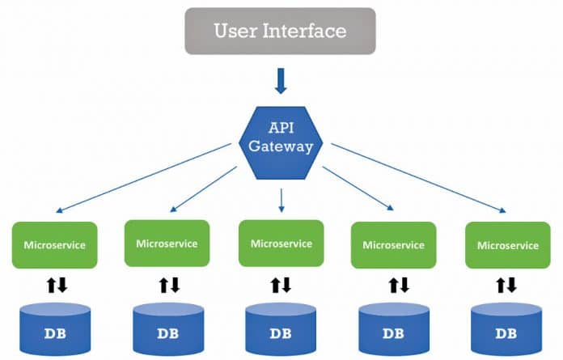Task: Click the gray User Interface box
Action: (x=280, y=32)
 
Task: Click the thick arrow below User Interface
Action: (x=281, y=81)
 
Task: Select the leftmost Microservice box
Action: (x=55, y=244)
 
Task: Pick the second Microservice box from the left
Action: (x=167, y=243)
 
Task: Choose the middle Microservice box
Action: (x=281, y=243)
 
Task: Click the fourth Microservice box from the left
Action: (x=394, y=244)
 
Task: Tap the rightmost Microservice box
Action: (x=507, y=244)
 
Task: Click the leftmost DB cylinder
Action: (x=55, y=330)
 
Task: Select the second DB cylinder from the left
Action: (x=167, y=330)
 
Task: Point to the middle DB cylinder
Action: (x=281, y=330)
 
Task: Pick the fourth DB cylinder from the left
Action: (x=394, y=330)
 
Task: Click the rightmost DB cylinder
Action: (x=506, y=330)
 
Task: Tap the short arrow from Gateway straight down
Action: (x=281, y=200)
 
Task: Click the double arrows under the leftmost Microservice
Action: (x=55, y=285)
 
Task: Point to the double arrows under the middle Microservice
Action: (x=281, y=285)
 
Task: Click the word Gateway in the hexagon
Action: (x=281, y=148)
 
